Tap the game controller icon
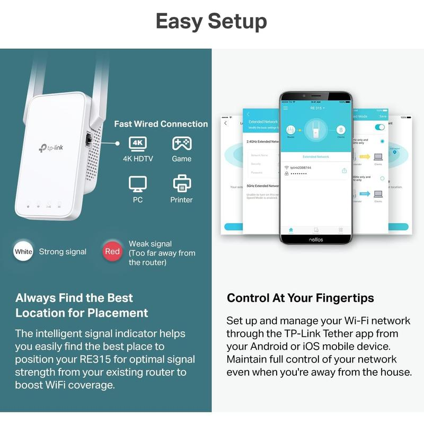tap(182, 143)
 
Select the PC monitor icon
tap(138, 184)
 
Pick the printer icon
tap(182, 184)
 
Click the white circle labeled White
tap(23, 252)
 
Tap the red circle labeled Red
tap(112, 252)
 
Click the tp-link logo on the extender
tap(50, 148)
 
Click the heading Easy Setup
tap(211, 21)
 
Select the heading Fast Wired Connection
tap(161, 124)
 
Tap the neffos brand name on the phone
tap(316, 239)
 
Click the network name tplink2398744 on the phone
tap(301, 167)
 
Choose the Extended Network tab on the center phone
tap(316, 157)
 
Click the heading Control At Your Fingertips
tap(301, 298)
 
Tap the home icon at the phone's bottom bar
tap(290, 229)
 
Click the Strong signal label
tap(63, 252)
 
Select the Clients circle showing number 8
tap(341, 130)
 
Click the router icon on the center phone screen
tap(290, 130)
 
